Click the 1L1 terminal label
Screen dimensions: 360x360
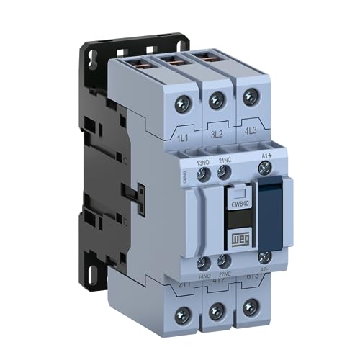(x=182, y=135)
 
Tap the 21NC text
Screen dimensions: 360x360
(x=224, y=159)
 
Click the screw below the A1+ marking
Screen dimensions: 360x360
(x=264, y=168)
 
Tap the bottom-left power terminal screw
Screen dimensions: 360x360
(x=184, y=314)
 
